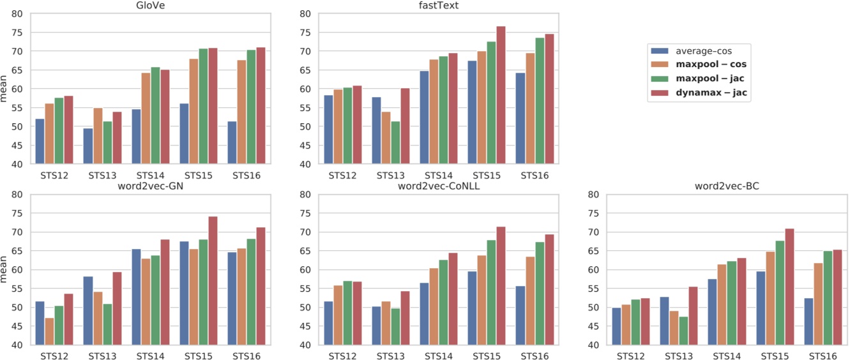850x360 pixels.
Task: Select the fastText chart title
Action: [x=439, y=5]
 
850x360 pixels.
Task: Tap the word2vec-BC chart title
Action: [x=725, y=186]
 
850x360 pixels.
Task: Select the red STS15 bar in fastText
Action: [x=501, y=95]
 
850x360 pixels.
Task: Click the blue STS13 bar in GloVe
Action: [x=87, y=146]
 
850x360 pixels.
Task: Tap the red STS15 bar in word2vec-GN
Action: [x=213, y=281]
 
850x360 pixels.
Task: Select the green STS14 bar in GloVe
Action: [x=155, y=116]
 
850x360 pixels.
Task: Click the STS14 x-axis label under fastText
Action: [x=437, y=174]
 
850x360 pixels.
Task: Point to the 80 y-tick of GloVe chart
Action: [x=18, y=13]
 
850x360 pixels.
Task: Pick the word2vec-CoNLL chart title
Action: [x=439, y=186]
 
